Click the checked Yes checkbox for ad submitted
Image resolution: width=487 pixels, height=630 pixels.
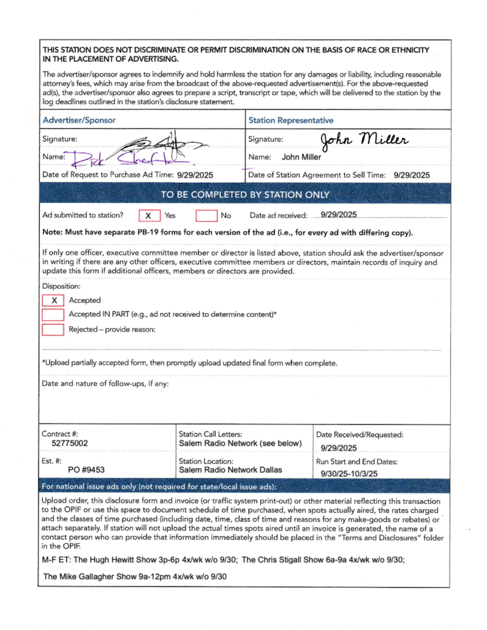148,216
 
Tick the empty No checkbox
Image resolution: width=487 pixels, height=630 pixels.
206,216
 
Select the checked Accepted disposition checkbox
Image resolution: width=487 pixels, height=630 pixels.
53,300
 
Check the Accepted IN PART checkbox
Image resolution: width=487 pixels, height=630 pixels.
53,314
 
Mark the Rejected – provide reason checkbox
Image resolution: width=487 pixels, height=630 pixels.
53,329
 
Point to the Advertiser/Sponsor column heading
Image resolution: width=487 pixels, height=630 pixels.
79,120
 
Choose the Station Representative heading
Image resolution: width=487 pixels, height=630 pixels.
290,120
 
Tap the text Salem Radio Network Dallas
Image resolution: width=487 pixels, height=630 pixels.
230,470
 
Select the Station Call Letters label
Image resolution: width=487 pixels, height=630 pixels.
210,434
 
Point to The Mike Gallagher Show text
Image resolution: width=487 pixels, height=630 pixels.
93,576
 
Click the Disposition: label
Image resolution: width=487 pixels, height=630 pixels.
61,286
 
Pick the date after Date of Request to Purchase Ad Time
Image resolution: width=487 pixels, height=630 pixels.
195,175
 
